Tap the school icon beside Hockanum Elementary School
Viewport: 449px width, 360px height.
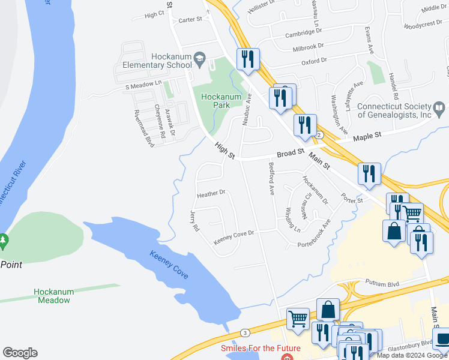tap(200, 59)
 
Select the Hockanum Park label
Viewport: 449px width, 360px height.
tap(215, 101)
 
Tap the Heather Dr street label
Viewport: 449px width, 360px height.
tap(211, 193)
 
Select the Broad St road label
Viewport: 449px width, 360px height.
tap(291, 154)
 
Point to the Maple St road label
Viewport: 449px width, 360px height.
tap(367, 137)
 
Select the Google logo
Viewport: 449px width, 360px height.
tap(20, 353)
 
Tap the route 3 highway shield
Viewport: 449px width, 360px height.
tap(244, 332)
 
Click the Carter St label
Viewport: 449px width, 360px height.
tap(190, 20)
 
